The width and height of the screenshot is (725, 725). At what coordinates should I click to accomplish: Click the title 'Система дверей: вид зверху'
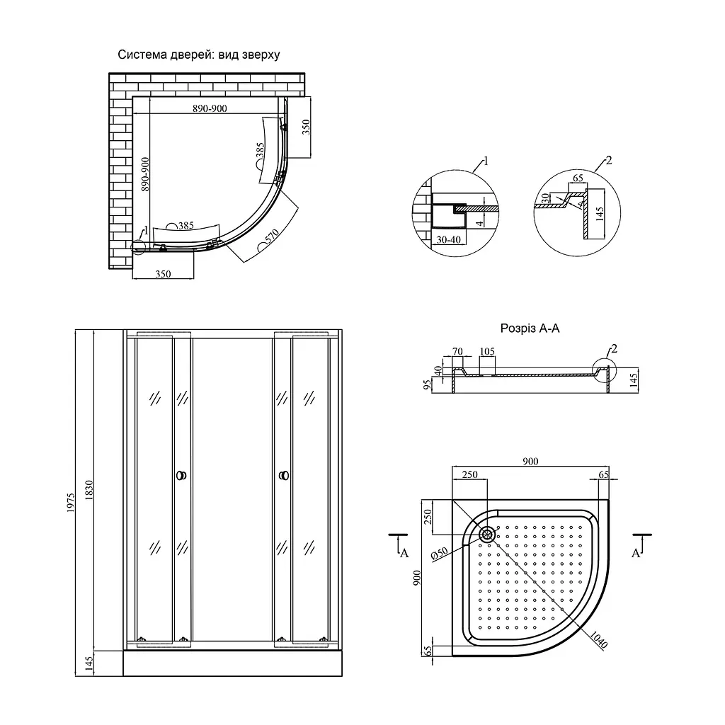(199, 55)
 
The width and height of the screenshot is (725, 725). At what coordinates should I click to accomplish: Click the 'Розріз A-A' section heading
(530, 329)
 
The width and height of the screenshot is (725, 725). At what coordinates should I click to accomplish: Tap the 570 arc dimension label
(271, 236)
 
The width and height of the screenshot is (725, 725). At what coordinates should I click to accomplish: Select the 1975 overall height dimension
(71, 503)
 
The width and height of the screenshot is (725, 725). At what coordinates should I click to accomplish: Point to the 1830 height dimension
(89, 490)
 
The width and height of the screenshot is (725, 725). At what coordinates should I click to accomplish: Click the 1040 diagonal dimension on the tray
(598, 640)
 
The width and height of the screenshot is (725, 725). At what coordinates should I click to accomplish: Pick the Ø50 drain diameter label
(439, 554)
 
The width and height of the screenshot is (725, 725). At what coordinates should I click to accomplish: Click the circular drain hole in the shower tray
(487, 535)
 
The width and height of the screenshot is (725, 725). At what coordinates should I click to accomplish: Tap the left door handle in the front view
(182, 475)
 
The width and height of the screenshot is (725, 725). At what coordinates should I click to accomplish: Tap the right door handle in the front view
(284, 475)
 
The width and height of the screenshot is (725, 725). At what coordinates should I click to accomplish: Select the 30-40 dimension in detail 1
(448, 239)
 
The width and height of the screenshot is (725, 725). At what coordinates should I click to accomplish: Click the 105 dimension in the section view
(487, 351)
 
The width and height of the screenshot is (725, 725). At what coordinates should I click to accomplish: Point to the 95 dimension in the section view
(427, 384)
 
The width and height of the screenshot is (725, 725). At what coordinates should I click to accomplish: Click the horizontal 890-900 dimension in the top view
(210, 108)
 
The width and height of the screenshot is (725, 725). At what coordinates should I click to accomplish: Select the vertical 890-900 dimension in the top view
(144, 174)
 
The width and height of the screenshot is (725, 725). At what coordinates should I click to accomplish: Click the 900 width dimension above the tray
(530, 462)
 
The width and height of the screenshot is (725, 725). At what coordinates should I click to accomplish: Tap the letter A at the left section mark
(404, 553)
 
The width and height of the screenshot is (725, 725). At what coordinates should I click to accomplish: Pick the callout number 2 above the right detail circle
(608, 160)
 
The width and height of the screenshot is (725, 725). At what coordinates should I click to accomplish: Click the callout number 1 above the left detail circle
(486, 161)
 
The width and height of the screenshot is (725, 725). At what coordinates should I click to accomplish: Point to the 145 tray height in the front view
(89, 663)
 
